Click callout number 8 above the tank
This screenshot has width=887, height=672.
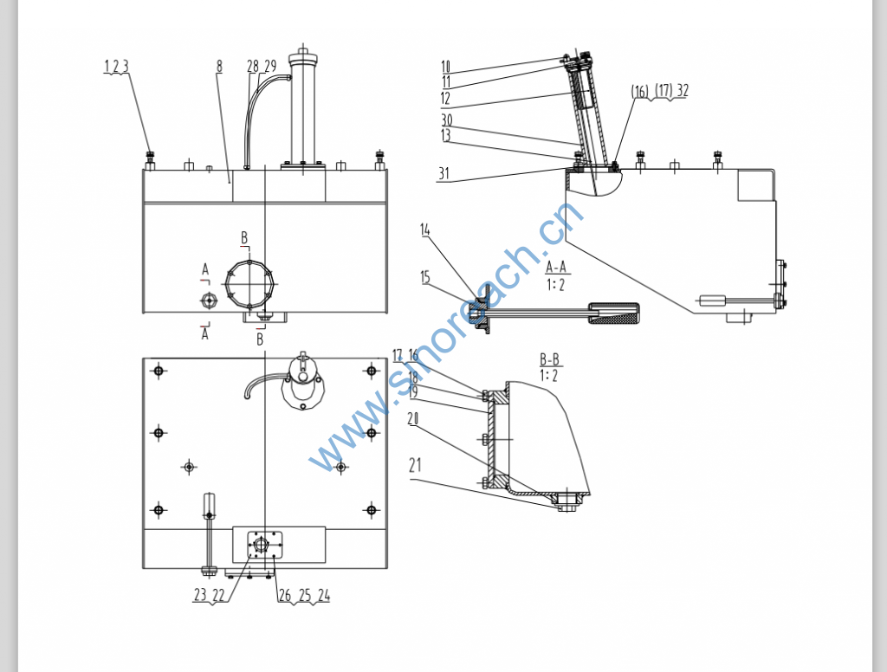(x=220, y=66)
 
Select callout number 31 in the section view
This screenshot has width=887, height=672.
(x=443, y=173)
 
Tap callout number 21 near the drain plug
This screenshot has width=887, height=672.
(x=415, y=465)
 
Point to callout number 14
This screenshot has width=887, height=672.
(x=424, y=229)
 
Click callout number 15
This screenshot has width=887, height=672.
(x=424, y=277)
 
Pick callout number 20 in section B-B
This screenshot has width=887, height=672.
(x=412, y=418)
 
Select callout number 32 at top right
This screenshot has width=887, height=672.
(x=683, y=90)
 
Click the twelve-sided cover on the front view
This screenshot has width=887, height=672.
(x=249, y=282)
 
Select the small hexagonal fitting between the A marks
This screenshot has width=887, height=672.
(x=209, y=300)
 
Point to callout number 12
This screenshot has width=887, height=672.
(x=445, y=98)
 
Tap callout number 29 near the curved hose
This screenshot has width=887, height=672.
(x=270, y=66)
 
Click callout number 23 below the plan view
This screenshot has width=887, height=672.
(x=199, y=595)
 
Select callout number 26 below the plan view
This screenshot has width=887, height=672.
(x=284, y=595)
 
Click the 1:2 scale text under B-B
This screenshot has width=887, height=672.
(x=548, y=375)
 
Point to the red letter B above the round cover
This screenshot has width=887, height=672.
(x=244, y=237)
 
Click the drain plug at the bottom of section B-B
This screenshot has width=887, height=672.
(x=567, y=501)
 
